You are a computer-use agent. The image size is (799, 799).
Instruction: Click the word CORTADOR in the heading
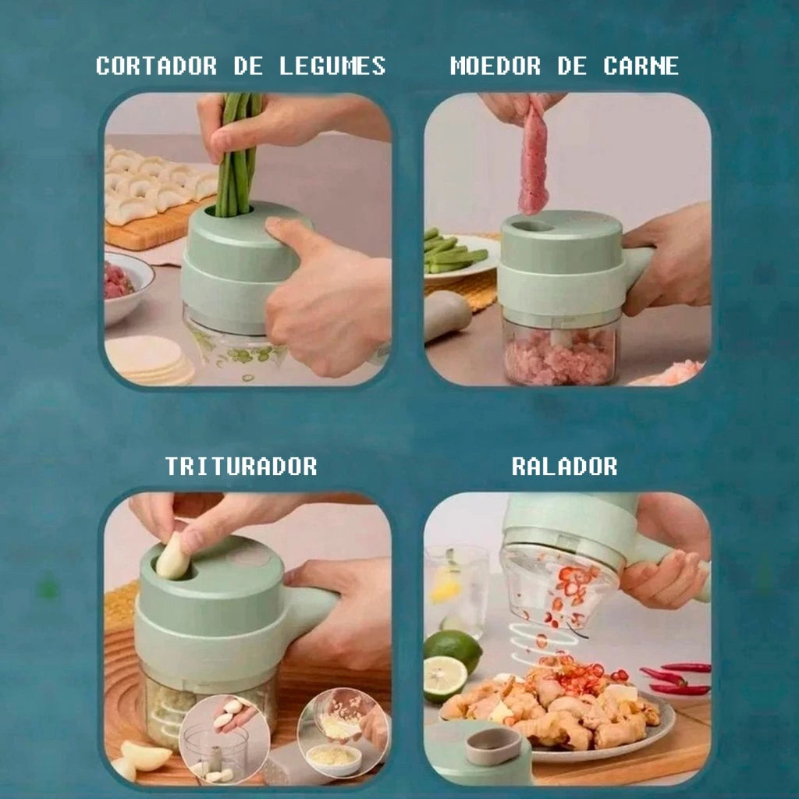click(156, 66)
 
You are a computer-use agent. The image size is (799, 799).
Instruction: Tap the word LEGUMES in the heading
click(332, 66)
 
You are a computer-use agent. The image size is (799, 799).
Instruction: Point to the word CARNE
click(641, 66)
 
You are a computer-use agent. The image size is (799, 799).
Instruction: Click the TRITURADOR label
click(241, 467)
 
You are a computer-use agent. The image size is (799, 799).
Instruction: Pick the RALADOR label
click(564, 467)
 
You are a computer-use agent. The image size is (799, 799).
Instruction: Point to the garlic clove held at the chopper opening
click(172, 557)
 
